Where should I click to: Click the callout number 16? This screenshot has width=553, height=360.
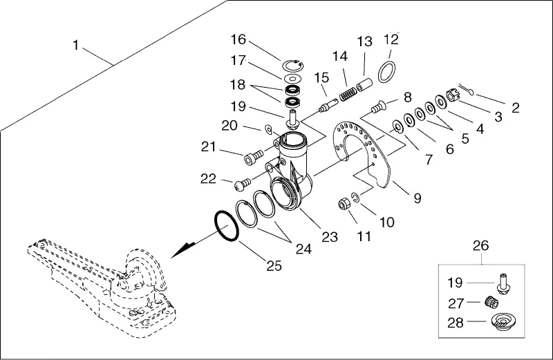pyautogui.click(x=238, y=39)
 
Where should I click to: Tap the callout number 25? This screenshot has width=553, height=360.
pyautogui.click(x=274, y=265)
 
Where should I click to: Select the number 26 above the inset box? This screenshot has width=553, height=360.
pyautogui.click(x=480, y=245)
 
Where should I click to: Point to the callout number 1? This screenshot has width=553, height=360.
pyautogui.click(x=75, y=45)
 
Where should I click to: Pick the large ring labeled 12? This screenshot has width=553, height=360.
pyautogui.click(x=386, y=72)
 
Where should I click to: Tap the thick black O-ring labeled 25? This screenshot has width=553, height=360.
pyautogui.click(x=227, y=227)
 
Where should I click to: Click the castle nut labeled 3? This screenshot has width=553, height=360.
pyautogui.click(x=451, y=95)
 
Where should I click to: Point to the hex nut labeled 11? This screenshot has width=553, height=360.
pyautogui.click(x=344, y=204)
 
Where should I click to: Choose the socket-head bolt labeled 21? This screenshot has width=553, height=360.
pyautogui.click(x=253, y=157)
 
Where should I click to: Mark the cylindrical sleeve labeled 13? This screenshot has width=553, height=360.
pyautogui.click(x=364, y=85)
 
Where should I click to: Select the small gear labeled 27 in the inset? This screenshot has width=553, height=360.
pyautogui.click(x=491, y=302)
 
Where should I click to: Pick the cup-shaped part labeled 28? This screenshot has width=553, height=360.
pyautogui.click(x=503, y=322)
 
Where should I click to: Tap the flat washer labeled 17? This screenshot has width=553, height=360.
pyautogui.click(x=292, y=77)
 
